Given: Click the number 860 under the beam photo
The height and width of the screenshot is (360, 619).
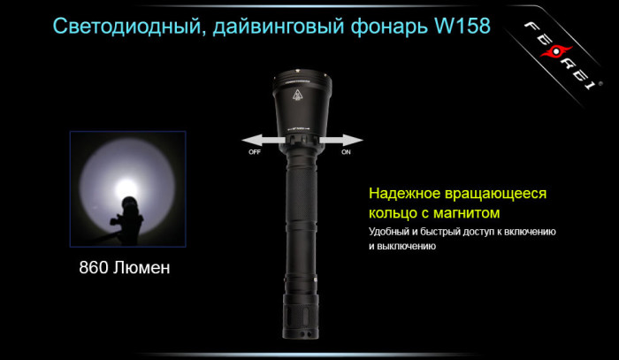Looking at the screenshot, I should pyautogui.click(x=96, y=266).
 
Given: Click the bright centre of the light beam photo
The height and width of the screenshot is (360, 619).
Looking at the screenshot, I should pyautogui.click(x=127, y=187).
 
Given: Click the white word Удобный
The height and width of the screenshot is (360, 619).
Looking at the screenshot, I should pyautogui.click(x=393, y=232).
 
